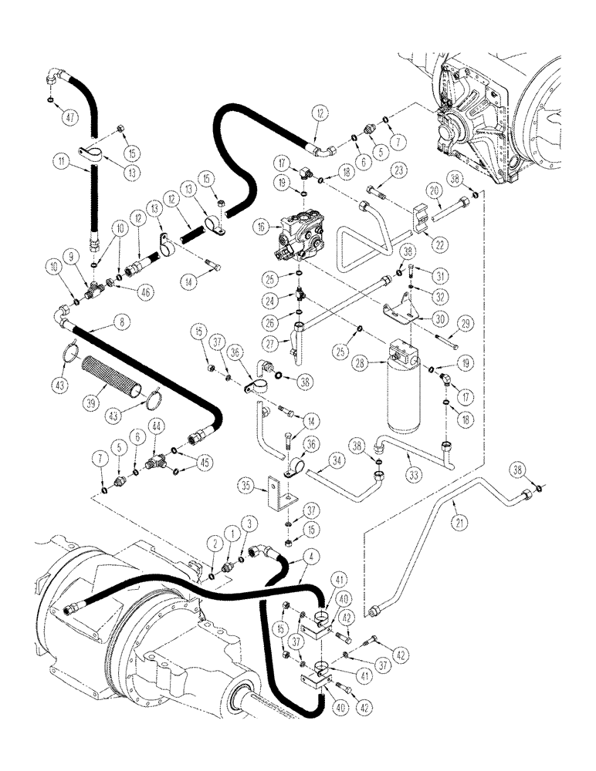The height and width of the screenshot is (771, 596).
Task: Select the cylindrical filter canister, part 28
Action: pos(404,385)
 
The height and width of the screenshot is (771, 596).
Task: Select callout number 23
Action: pos(399,170)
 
